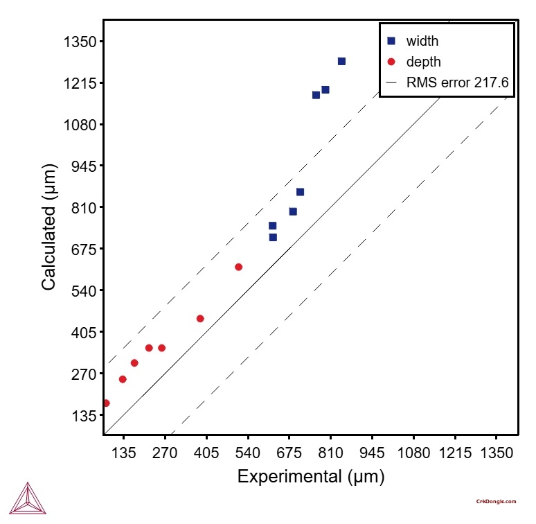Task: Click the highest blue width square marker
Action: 341,61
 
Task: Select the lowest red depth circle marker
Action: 106,403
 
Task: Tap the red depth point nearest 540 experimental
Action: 238,267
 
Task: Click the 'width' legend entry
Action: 422,41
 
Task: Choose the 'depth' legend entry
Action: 423,62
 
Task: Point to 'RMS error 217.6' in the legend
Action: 457,82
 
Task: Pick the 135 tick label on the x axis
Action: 124,453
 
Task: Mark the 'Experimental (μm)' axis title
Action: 310,477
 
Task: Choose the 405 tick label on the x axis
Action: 206,453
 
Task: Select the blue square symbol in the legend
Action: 391,41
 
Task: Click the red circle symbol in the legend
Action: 391,62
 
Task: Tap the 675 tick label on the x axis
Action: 289,453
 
